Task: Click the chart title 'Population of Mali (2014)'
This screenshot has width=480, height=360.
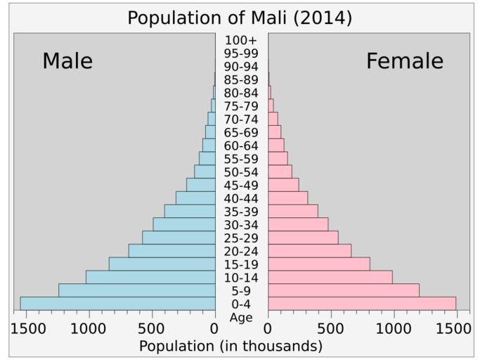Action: tap(240, 18)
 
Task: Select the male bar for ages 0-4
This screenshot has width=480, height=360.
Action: tap(117, 304)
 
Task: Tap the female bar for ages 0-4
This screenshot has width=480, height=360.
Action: tap(362, 304)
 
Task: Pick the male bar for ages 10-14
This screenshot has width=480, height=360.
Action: tap(150, 277)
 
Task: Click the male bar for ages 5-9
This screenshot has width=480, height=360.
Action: tap(137, 290)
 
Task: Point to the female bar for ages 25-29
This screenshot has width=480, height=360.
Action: tap(303, 238)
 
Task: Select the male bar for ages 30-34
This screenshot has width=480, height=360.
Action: tap(184, 224)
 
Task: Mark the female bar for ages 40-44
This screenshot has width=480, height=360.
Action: tap(287, 198)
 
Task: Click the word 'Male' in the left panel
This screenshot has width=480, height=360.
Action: tap(67, 61)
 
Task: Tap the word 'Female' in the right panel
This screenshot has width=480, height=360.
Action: tap(405, 61)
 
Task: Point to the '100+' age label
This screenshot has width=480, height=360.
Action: tap(241, 40)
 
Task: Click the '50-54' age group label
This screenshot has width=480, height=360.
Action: tap(241, 172)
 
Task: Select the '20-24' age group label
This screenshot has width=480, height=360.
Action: tap(241, 251)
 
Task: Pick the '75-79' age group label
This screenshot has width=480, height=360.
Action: tap(241, 106)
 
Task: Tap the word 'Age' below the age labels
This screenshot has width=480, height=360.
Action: tap(241, 317)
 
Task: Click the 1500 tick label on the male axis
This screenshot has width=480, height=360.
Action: tap(27, 328)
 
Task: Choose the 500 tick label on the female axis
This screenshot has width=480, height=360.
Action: tap(331, 328)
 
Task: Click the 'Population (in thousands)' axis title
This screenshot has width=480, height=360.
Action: tap(231, 346)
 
